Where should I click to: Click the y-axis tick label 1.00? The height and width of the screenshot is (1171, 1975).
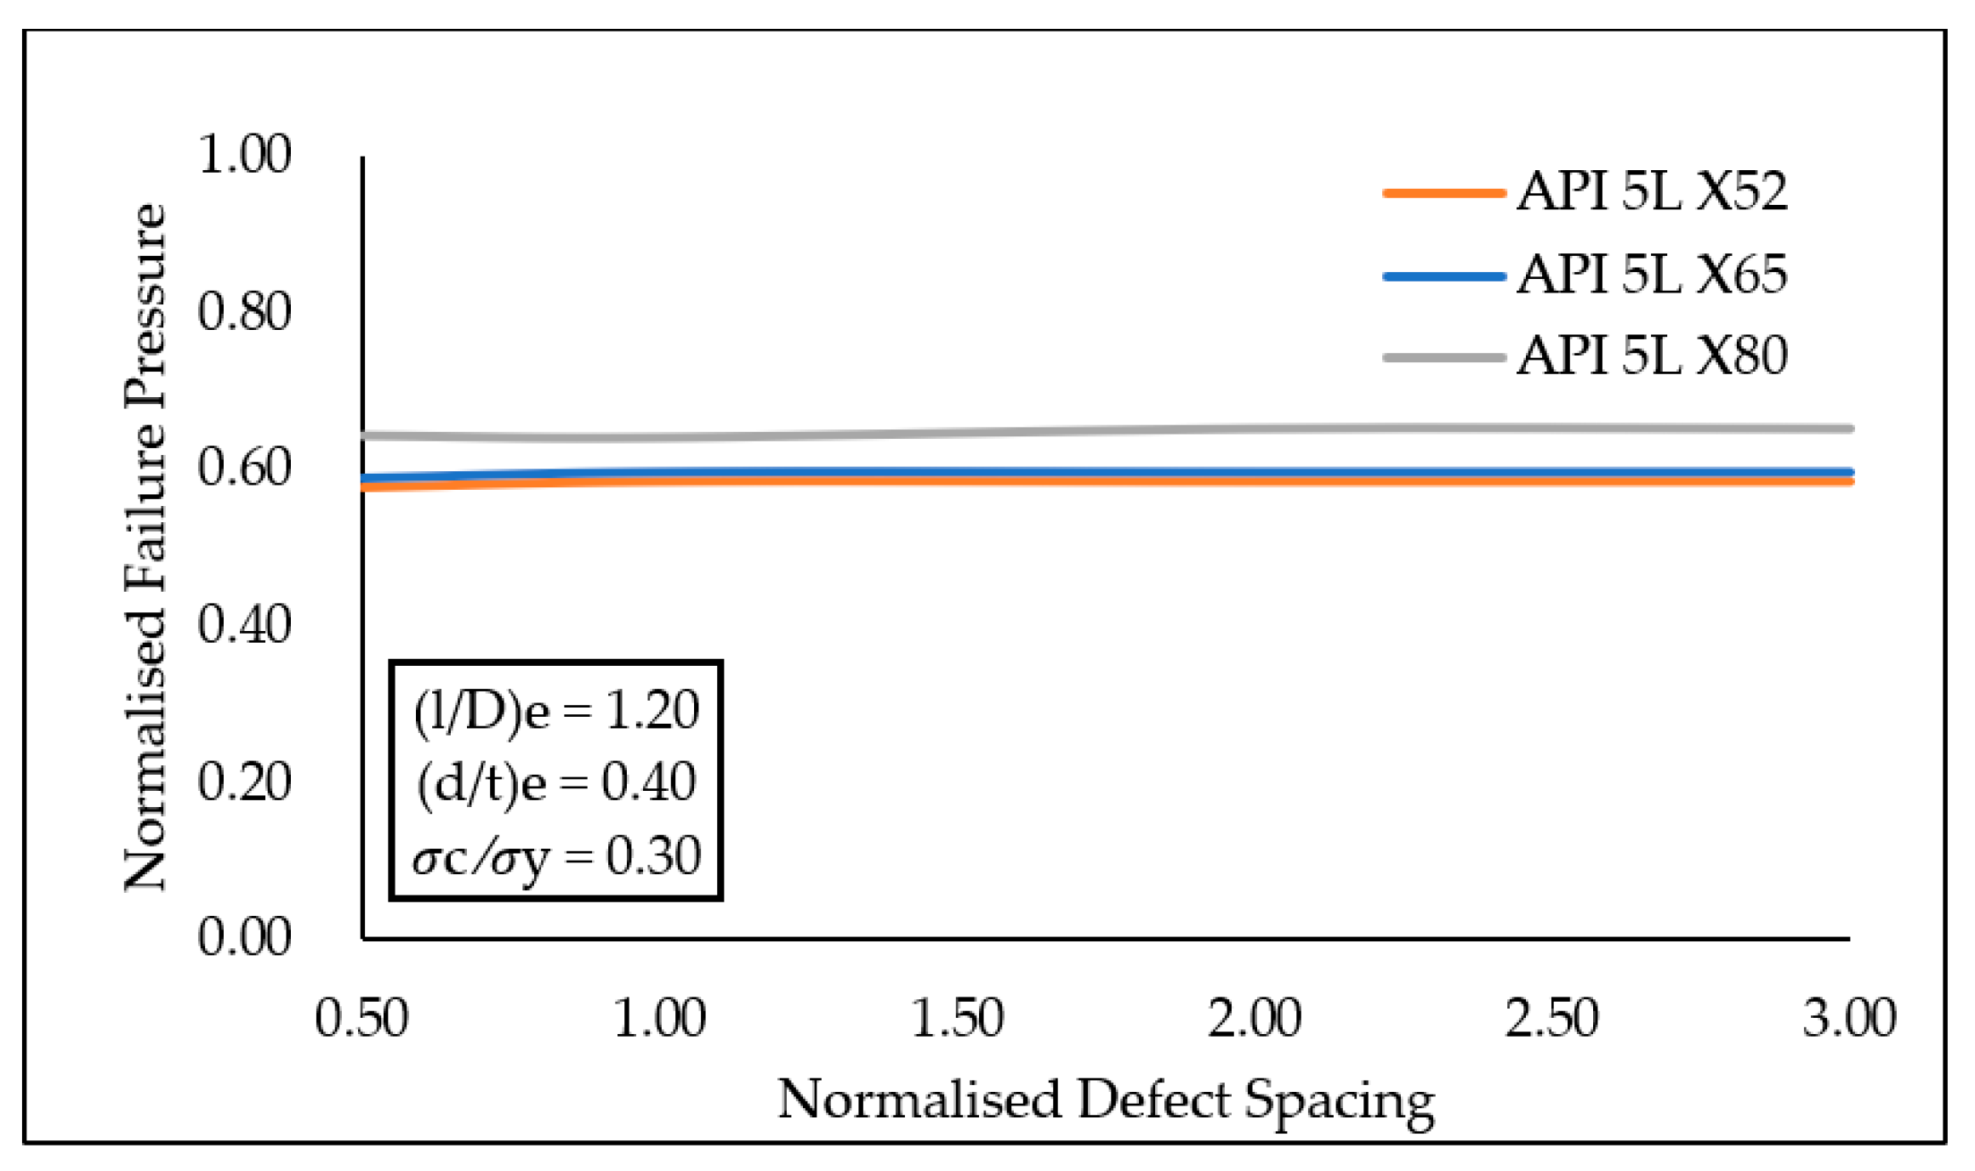[244, 155]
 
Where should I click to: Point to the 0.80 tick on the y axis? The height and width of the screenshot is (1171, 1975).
[244, 311]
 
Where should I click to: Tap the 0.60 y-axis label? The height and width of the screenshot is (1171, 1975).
[244, 468]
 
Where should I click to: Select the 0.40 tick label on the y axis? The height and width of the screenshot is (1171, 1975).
[244, 625]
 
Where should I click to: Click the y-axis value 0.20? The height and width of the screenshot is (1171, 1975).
[244, 782]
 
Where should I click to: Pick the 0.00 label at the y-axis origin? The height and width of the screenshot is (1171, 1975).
[244, 938]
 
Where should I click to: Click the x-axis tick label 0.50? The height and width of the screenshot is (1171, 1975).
[361, 1018]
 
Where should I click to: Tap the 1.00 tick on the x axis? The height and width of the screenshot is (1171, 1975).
[659, 1018]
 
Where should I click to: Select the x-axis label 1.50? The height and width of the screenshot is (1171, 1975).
[957, 1018]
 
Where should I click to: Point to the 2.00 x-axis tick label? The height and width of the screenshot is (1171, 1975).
[1255, 1018]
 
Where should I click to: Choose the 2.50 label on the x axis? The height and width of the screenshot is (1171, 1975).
[1551, 1018]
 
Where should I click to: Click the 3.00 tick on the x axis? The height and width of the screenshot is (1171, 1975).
[1849, 1018]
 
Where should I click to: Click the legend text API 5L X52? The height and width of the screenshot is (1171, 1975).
[1651, 191]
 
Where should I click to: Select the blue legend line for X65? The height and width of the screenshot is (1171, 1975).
[1443, 276]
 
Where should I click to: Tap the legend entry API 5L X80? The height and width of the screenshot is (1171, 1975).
[1651, 355]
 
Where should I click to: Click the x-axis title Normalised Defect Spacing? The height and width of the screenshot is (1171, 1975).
[1106, 1100]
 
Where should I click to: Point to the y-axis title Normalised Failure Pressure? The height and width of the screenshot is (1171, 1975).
[145, 546]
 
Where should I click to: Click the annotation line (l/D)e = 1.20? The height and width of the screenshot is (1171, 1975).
[556, 711]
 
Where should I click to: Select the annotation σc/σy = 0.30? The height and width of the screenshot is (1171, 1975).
[556, 856]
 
